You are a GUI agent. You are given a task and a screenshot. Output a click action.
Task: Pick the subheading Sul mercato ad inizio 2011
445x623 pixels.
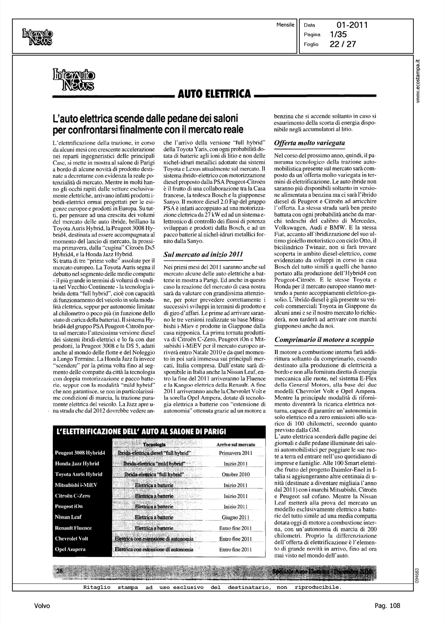pyautogui.click(x=204, y=253)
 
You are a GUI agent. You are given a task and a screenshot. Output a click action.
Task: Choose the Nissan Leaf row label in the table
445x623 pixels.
pyautogui.click(x=68, y=517)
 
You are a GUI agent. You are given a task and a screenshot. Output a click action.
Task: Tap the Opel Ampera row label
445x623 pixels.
pyautogui.click(x=70, y=549)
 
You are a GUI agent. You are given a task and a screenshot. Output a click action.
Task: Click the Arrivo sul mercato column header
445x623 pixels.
pyautogui.click(x=236, y=444)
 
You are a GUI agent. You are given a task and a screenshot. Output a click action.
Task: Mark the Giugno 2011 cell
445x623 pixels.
pyautogui.click(x=235, y=517)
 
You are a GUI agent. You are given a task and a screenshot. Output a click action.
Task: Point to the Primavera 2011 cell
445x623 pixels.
pyautogui.click(x=235, y=453)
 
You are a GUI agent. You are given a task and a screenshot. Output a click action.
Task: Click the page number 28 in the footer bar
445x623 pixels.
pyautogui.click(x=59, y=571)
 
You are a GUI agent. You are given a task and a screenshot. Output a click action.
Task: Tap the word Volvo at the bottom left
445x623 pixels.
pyautogui.click(x=42, y=606)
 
